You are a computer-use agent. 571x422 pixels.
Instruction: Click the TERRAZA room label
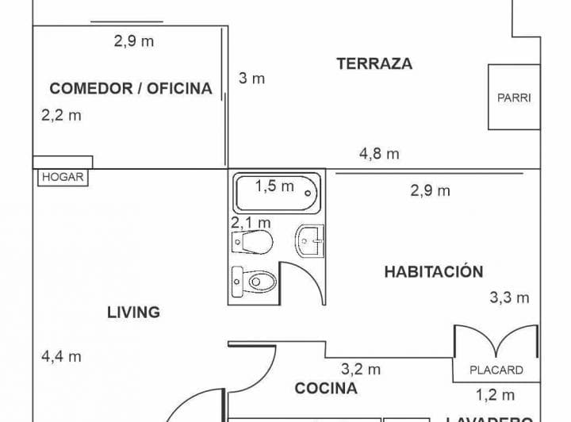point(374,64)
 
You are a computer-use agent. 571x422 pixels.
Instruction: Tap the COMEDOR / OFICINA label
point(131,88)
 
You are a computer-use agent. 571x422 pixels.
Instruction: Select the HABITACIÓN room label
point(433,271)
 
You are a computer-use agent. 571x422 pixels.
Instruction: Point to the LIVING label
point(133,312)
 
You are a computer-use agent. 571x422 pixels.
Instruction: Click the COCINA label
point(325,388)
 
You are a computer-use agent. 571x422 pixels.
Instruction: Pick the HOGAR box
point(63,178)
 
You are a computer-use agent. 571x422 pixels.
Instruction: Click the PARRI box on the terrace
point(514,98)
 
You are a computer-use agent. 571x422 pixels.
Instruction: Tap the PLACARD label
point(496,370)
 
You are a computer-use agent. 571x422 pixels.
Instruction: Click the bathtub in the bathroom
point(277,192)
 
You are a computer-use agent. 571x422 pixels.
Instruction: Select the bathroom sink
point(310,240)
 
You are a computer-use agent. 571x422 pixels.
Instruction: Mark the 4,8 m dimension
point(379,154)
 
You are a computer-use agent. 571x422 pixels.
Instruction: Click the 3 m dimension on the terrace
point(251,79)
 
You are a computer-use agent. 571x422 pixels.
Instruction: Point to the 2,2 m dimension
point(61,115)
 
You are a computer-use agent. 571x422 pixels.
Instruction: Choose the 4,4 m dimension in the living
point(61,356)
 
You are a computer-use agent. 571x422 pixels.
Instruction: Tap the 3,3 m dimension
point(508,298)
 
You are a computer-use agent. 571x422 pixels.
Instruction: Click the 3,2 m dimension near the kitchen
point(361,369)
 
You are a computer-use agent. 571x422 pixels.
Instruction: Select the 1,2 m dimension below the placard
point(495,395)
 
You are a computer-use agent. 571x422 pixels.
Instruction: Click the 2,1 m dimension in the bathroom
point(251,222)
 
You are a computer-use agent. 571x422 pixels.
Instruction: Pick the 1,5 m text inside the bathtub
point(274,186)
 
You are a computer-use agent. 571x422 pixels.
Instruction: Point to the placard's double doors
point(496,343)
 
